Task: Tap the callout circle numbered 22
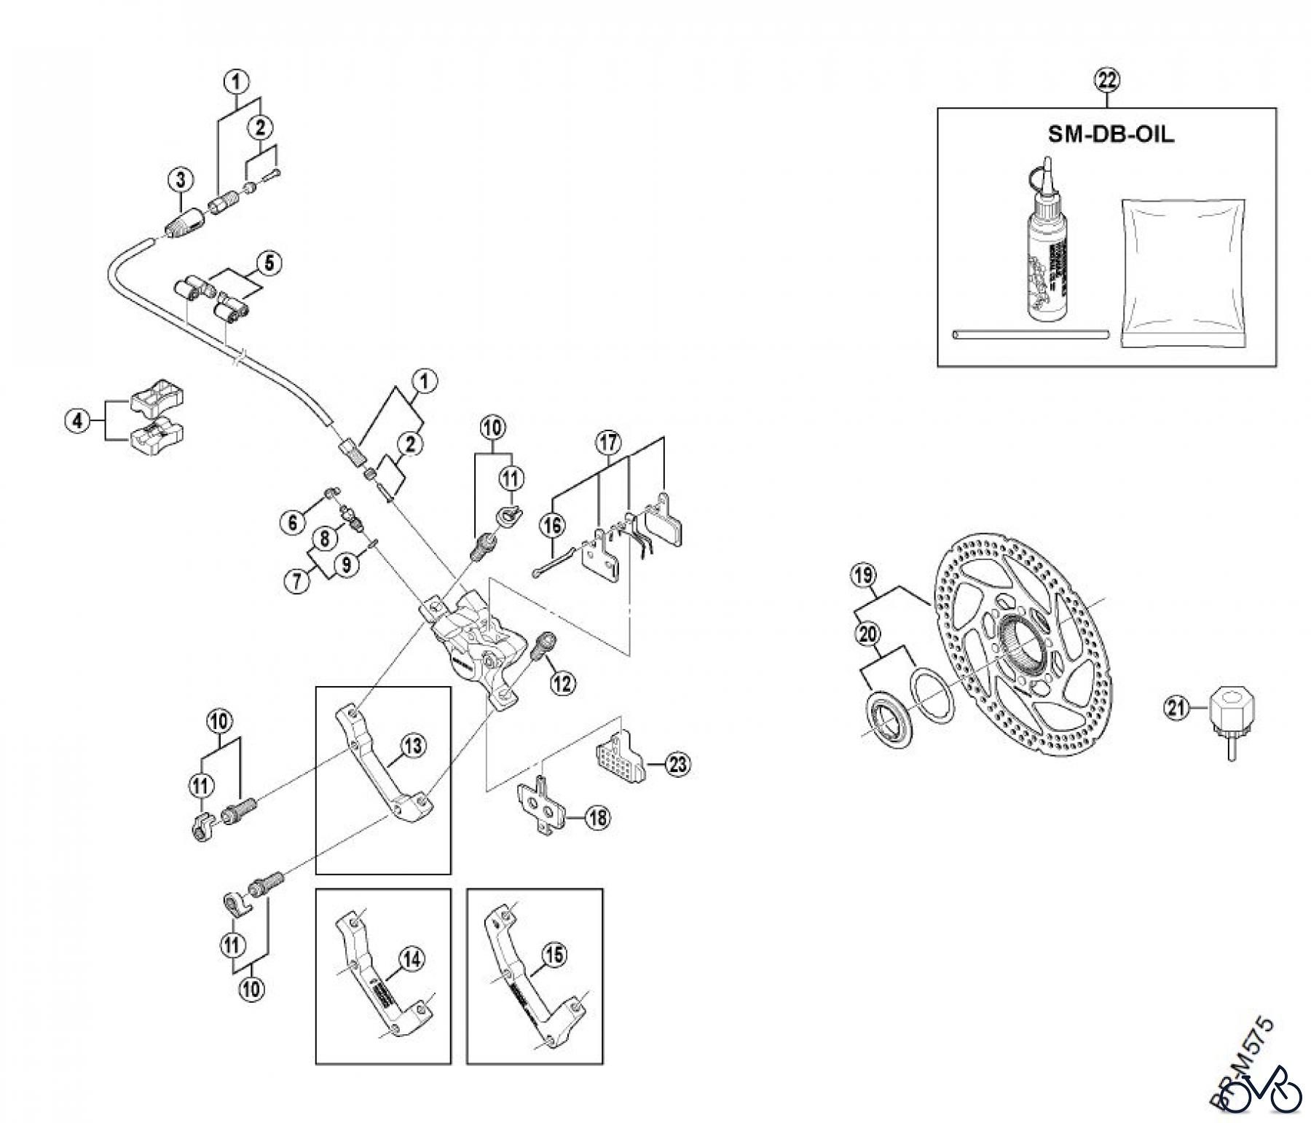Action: coord(1106,80)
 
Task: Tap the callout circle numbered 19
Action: coord(863,576)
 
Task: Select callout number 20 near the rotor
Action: coord(867,634)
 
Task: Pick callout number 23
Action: coord(678,764)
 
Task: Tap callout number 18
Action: coord(597,818)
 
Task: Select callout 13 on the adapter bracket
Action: coord(412,746)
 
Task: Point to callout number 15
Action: coord(555,955)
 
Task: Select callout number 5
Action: coord(269,263)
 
